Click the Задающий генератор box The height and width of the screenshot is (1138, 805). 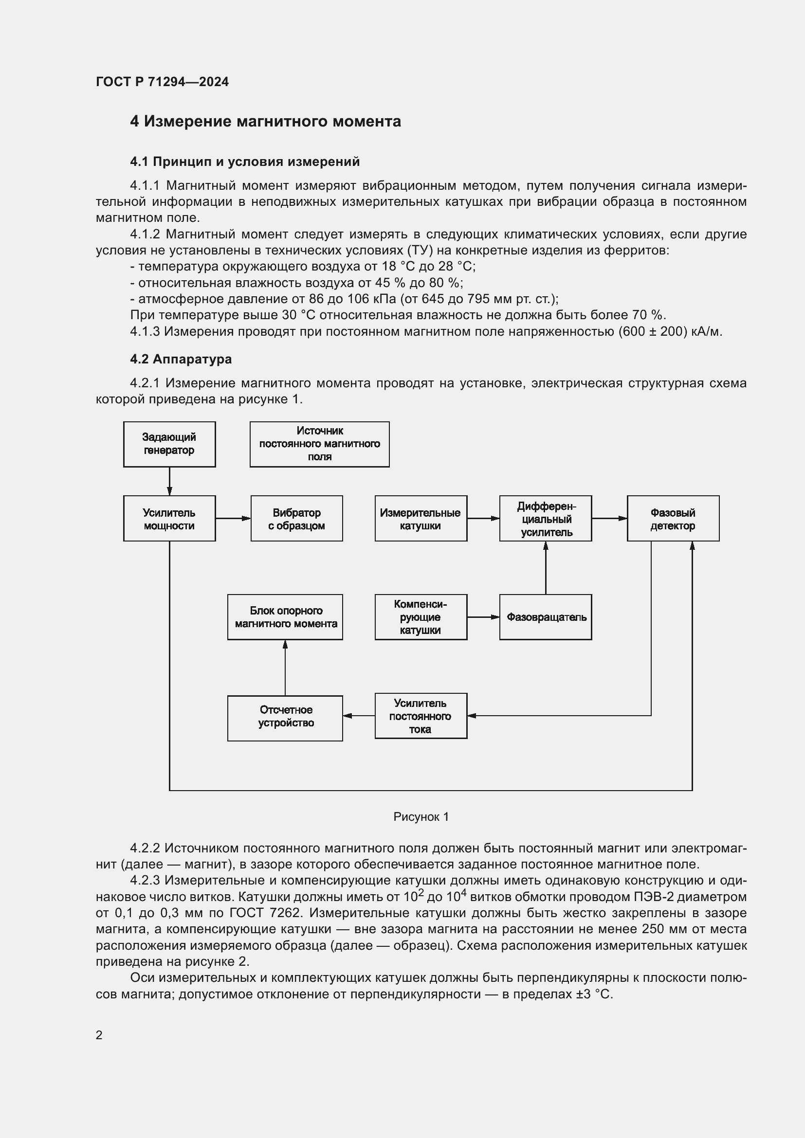tap(169, 444)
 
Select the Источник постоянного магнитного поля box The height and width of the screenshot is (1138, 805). tap(319, 444)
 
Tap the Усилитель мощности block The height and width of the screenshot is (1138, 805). tap(169, 519)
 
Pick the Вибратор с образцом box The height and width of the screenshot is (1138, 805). tap(296, 519)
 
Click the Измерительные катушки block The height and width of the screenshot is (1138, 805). tap(421, 519)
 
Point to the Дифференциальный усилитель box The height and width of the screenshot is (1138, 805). tap(545, 519)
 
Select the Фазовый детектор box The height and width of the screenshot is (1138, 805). tap(673, 519)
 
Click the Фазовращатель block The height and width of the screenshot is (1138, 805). tap(545, 617)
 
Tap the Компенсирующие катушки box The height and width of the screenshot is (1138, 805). tap(421, 617)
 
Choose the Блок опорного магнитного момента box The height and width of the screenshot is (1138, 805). tap(285, 617)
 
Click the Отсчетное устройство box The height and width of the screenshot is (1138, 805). tap(285, 716)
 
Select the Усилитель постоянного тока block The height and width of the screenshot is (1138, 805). tap(421, 716)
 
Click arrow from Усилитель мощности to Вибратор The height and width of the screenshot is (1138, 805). tap(233, 519)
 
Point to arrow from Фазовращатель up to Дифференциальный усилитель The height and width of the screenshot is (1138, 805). tap(546, 567)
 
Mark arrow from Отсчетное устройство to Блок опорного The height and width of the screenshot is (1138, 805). tap(285, 667)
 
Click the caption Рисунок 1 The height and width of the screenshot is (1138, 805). tap(421, 817)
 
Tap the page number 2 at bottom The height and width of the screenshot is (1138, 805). tap(99, 1035)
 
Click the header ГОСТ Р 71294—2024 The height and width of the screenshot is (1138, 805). tap(162, 82)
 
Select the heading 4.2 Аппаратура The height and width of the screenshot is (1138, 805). tap(181, 359)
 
